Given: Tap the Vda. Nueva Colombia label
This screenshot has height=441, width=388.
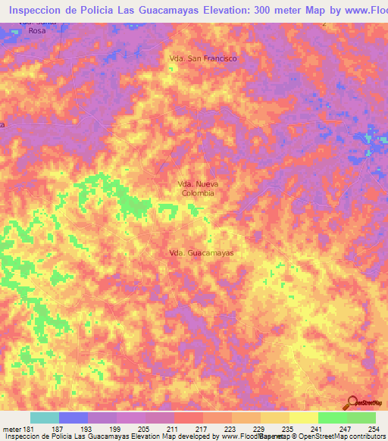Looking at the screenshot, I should (198, 189).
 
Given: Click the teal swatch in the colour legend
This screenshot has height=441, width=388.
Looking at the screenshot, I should (45, 418).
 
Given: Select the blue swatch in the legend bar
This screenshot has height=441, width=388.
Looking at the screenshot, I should (74, 418).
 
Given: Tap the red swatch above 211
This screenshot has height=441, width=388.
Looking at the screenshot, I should (189, 418).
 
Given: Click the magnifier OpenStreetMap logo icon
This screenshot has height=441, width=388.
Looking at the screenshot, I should (350, 402).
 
